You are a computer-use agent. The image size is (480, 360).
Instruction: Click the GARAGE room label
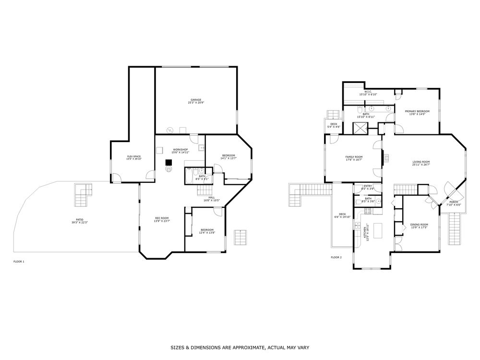[x=196, y=100]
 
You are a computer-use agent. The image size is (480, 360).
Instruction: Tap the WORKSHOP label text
[x=180, y=150]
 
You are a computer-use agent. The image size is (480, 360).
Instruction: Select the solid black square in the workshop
[x=169, y=163]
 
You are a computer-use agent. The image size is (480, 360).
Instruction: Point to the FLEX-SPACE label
[x=133, y=156]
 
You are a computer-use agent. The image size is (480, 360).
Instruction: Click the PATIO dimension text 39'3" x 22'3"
[x=79, y=222]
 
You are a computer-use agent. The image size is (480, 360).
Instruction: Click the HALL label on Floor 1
[x=211, y=197]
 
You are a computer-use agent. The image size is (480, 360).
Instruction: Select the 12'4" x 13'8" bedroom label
[x=207, y=230]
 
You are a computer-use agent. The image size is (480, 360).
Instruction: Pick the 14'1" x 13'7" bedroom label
[x=228, y=155]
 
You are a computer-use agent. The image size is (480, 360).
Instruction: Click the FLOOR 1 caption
[x=19, y=262]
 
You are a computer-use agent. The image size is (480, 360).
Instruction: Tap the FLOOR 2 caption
[x=336, y=258]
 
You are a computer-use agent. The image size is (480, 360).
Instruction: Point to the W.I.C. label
[x=368, y=92]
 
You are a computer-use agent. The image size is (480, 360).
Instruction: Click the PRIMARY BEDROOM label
[x=417, y=111]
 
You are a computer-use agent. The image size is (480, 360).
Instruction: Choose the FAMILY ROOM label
[x=354, y=157]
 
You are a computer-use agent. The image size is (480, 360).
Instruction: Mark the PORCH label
[x=454, y=202]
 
